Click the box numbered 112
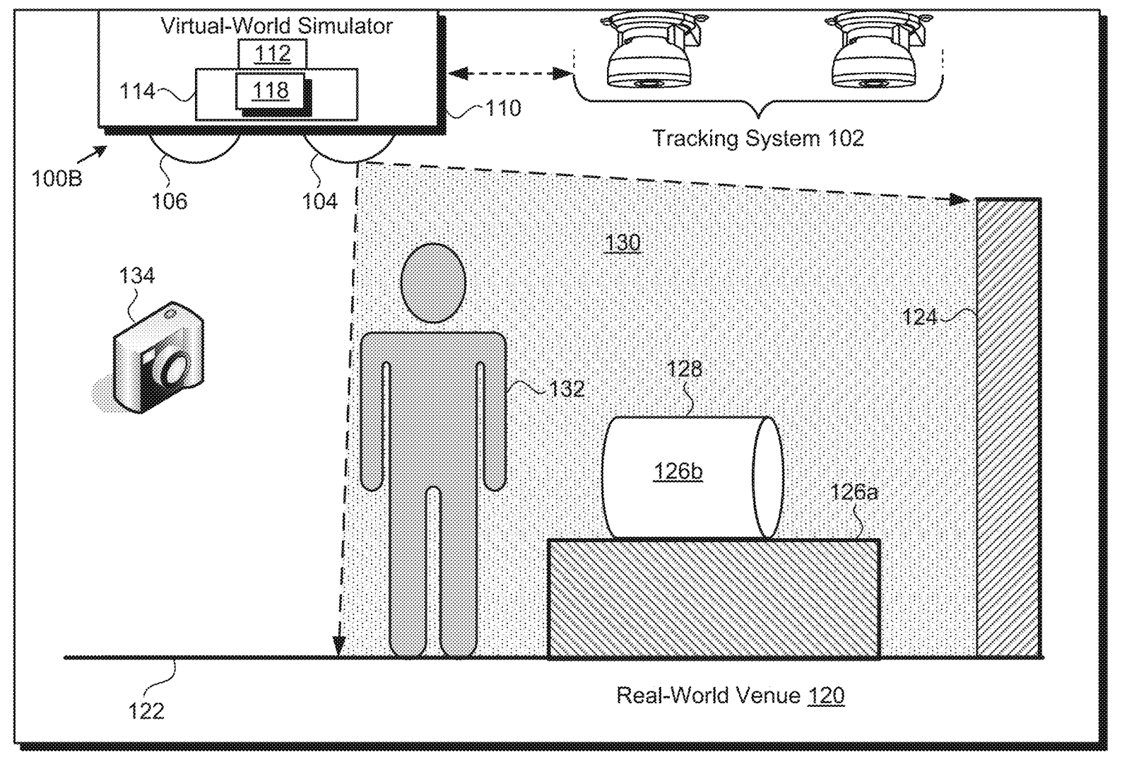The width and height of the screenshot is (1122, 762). coord(272,54)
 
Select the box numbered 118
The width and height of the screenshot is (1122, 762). coord(271,90)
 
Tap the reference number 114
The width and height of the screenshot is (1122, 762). coord(137,90)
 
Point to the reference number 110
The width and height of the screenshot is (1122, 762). coord(503,108)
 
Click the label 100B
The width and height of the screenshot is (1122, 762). coord(57,177)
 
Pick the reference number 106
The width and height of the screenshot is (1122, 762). coord(170,201)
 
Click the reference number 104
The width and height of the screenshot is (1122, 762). coord(319,201)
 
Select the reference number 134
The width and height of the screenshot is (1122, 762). coord(136,275)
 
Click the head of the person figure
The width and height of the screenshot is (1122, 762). coord(433,283)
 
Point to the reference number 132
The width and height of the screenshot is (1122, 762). coord(567,389)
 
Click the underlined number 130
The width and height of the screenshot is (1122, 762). coord(622,243)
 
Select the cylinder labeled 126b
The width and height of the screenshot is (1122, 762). coord(678,472)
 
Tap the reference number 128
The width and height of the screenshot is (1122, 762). coord(685,369)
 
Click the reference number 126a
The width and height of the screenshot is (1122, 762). coord(854,492)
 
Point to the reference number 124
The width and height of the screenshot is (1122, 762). coord(919,317)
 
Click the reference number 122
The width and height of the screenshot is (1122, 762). coord(146,710)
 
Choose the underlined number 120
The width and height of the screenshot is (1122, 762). coord(826,696)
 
